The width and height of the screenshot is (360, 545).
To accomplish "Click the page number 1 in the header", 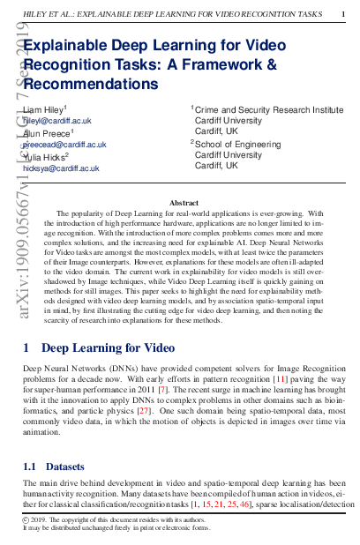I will point(343,14).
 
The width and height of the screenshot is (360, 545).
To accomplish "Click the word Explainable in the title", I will point(65,49).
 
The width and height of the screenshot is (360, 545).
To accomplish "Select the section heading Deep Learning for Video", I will point(108,324).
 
